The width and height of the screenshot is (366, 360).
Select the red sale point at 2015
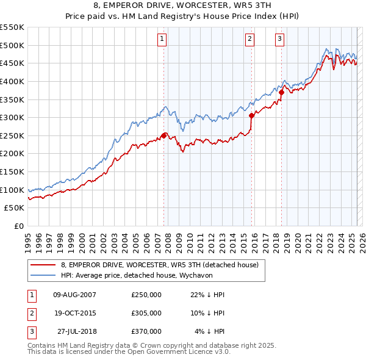(252, 114)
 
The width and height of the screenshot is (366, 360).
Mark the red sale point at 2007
(163, 135)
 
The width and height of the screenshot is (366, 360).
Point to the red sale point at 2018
(282, 92)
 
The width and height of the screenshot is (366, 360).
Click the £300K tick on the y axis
(12, 117)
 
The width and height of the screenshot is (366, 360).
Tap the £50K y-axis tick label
(15, 208)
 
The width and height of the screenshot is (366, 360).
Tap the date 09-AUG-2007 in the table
(74, 295)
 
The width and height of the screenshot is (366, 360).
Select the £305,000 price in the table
(146, 313)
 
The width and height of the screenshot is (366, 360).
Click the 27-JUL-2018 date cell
(77, 331)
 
